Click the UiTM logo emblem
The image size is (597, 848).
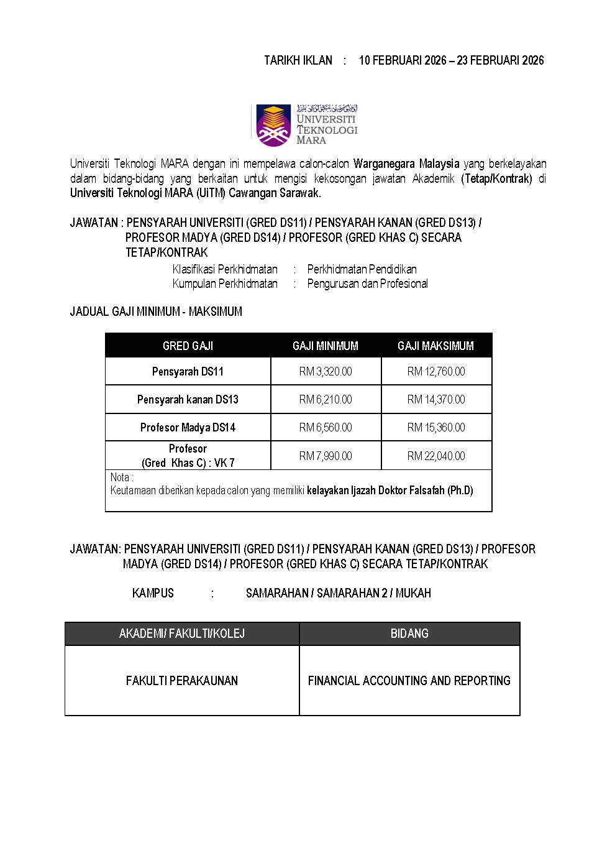273,126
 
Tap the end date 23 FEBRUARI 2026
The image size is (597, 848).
500,60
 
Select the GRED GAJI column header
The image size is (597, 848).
188,346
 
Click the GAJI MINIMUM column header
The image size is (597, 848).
326,346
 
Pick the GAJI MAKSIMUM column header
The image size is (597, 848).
435,346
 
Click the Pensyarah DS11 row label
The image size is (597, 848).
188,371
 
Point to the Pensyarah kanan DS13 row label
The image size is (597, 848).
188,399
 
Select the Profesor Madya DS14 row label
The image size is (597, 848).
188,427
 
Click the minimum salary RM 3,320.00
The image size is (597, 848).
326,371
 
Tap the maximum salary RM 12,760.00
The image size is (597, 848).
435,371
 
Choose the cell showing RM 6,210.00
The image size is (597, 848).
326,399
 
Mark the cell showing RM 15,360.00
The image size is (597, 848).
435,427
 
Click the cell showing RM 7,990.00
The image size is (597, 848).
326,456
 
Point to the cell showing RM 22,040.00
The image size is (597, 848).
435,456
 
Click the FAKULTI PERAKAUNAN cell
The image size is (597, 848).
182,681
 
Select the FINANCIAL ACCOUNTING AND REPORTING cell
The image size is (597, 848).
409,681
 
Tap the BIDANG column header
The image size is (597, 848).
409,634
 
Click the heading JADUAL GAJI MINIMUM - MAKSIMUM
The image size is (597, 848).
156,311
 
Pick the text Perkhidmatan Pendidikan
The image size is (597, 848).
362,269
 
